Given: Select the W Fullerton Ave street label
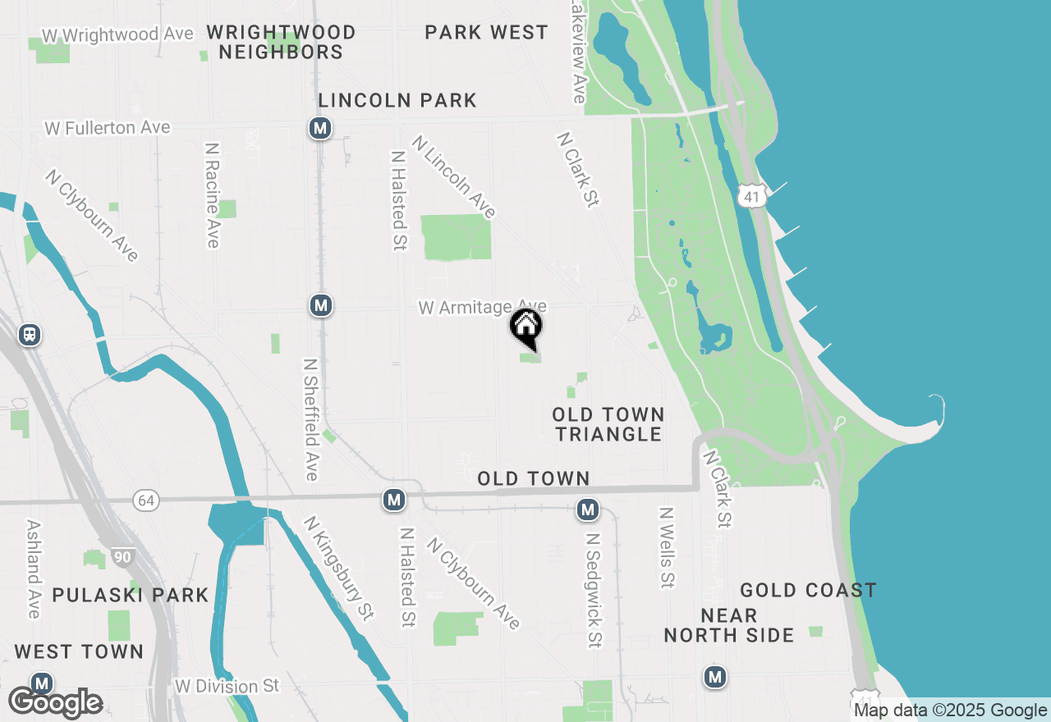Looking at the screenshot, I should click(108, 128).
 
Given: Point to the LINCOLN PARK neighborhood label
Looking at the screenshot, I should click(397, 101).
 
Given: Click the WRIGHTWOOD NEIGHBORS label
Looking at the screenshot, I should click(281, 42).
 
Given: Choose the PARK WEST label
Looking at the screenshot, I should click(486, 33).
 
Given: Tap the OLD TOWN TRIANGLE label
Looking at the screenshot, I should click(608, 424).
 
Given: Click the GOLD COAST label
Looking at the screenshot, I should click(808, 591).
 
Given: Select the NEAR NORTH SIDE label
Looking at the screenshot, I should click(728, 625).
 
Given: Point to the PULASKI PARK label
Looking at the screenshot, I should click(131, 595).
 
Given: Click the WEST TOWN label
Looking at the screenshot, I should click(79, 652).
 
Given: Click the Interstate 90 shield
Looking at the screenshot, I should click(122, 558).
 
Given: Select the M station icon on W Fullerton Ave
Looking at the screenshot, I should click(320, 128).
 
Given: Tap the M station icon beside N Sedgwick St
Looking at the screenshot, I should click(587, 510).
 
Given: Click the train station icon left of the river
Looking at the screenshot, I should click(30, 335).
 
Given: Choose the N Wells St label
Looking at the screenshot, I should click(666, 547).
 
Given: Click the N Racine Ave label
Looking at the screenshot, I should click(213, 195).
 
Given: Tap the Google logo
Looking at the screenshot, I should click(56, 703).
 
